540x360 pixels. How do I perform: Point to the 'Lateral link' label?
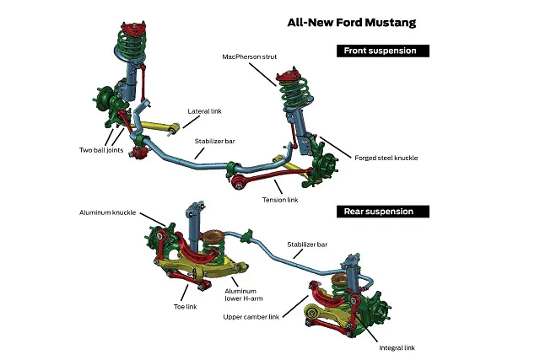(206, 110)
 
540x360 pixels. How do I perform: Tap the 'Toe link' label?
(185, 306)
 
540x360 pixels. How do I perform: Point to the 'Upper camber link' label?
(251, 316)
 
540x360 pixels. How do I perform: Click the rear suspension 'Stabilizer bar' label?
(306, 244)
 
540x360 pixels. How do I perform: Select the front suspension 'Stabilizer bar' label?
(214, 142)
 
